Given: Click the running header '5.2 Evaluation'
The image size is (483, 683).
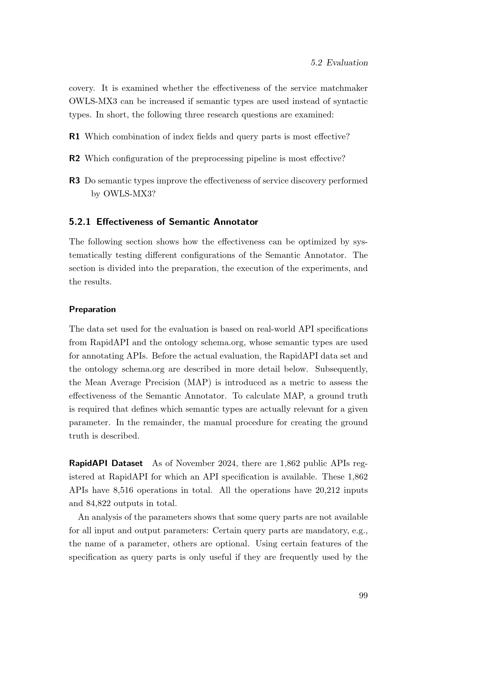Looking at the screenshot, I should click(x=339, y=63).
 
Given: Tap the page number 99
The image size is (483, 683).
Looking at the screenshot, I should click(x=363, y=595).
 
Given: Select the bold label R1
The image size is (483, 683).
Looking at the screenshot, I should click(x=74, y=137).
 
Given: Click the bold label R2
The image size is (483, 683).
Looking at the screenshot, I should click(x=74, y=159).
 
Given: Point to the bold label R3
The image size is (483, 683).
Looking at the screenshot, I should click(x=74, y=180).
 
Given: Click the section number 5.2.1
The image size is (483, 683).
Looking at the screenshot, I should click(x=79, y=222).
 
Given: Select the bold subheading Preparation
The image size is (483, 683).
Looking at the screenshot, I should click(x=92, y=309).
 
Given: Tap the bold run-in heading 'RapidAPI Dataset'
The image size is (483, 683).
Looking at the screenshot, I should click(x=106, y=463).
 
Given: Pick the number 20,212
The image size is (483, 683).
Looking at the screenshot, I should click(x=324, y=490).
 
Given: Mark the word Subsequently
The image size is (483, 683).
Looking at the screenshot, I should click(x=341, y=369).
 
